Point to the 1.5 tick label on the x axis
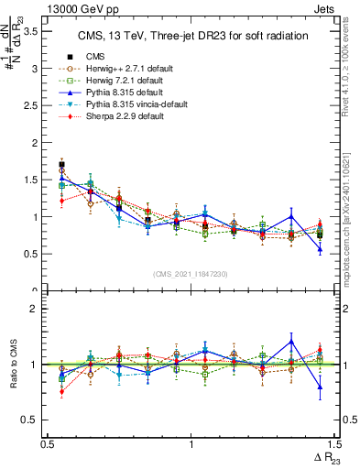(333, 443)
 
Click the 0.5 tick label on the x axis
(48, 443)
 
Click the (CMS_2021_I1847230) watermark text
(191, 273)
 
